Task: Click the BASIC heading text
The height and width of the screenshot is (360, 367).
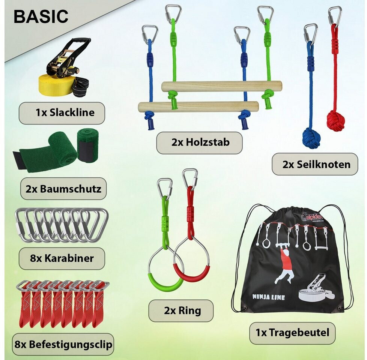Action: click(41, 16)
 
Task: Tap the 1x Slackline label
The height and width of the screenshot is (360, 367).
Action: click(62, 113)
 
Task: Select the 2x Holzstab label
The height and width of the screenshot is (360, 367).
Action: click(199, 142)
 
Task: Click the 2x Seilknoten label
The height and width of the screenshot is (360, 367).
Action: click(315, 164)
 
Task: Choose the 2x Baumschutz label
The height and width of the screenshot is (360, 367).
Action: click(63, 189)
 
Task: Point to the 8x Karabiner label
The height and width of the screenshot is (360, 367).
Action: click(62, 258)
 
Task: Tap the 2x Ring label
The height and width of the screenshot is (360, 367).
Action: click(181, 310)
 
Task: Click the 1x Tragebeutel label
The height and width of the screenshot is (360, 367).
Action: click(292, 333)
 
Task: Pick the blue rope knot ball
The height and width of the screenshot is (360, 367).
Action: click(311, 138)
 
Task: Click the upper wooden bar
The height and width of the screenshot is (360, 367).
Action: click(221, 86)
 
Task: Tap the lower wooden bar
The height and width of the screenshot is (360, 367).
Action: click(198, 106)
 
